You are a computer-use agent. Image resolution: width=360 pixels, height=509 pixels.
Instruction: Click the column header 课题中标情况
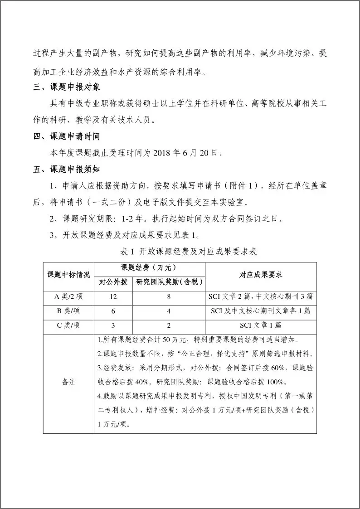click(x=68, y=275)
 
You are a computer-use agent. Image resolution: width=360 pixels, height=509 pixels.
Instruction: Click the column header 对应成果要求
click(x=261, y=275)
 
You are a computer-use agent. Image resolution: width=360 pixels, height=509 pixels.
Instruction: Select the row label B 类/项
click(x=68, y=311)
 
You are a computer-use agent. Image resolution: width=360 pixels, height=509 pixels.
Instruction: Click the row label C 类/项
click(x=68, y=325)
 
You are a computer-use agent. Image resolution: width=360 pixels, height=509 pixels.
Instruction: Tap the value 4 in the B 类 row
click(x=169, y=311)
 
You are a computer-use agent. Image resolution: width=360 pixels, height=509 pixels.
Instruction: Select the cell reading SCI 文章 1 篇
click(x=261, y=325)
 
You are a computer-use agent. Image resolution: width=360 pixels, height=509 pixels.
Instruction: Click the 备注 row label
click(x=68, y=382)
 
